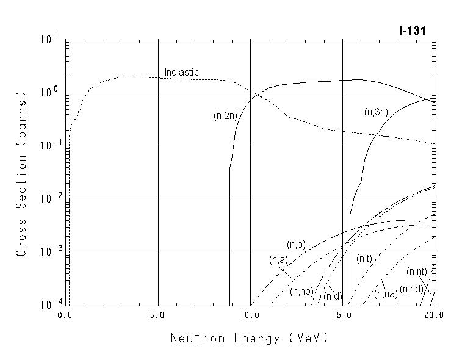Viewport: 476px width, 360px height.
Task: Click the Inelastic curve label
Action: pos(182,73)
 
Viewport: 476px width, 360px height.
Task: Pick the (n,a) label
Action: pos(278,260)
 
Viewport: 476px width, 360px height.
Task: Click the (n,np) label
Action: pos(301,291)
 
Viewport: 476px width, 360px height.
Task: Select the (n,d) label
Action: pos(333,297)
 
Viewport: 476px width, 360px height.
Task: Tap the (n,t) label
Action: pos(364,259)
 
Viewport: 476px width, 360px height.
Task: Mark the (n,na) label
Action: pos(386,294)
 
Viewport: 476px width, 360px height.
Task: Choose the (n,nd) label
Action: pos(411,289)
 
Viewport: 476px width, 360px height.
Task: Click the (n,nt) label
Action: pos(417,272)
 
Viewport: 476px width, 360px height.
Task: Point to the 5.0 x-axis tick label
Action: pos(158,315)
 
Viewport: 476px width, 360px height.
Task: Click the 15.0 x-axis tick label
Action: pos(342,315)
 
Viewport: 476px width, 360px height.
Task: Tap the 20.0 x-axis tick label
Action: pos(434,315)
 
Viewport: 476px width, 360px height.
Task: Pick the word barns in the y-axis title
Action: pos(22,120)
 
